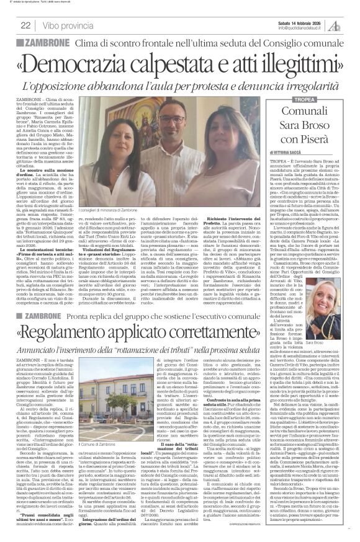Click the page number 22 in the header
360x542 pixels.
(26, 25)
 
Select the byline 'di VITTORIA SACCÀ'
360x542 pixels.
(289, 152)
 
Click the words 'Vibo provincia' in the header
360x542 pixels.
(68, 25)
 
